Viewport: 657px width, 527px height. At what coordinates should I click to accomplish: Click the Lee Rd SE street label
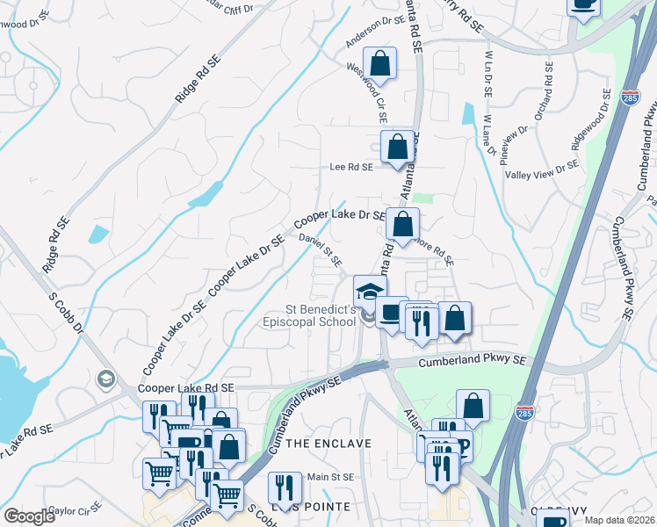pyautogui.click(x=350, y=166)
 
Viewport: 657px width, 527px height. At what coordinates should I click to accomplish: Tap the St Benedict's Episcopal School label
pyautogui.click(x=321, y=315)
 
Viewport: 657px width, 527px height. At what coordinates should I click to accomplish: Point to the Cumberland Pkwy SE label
pyautogui.click(x=472, y=361)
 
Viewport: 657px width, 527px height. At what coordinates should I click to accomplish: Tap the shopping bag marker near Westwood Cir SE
pyautogui.click(x=379, y=64)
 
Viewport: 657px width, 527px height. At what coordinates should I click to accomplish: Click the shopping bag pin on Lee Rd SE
pyautogui.click(x=397, y=147)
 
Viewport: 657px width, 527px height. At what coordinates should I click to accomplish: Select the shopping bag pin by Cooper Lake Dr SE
pyautogui.click(x=402, y=225)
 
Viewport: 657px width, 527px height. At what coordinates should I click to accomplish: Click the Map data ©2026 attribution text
pyautogui.click(x=620, y=520)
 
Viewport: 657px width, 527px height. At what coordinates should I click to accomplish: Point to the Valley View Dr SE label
pyautogui.click(x=542, y=170)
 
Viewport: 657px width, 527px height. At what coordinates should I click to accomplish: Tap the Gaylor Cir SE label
pyautogui.click(x=76, y=509)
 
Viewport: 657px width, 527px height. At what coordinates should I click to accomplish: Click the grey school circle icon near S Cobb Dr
pyautogui.click(x=105, y=379)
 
